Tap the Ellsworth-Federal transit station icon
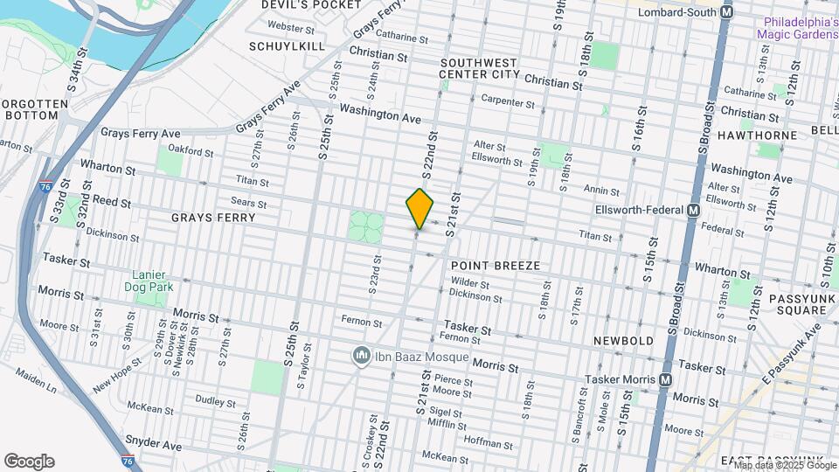point(693,210)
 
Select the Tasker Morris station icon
point(665,380)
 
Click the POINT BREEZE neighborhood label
point(495,265)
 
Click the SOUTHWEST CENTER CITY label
point(480,68)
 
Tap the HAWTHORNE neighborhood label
point(757,135)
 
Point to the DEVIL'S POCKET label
point(298,5)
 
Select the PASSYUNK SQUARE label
point(797,304)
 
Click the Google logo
point(29,462)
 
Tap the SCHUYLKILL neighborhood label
point(286,45)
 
